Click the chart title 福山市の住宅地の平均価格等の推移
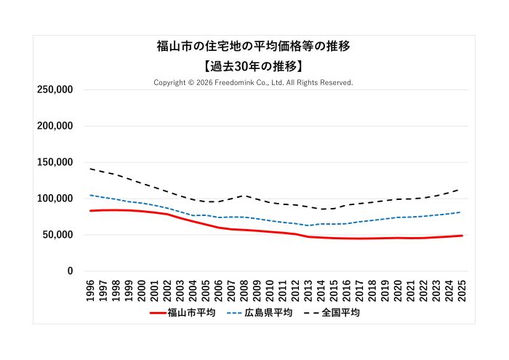254,47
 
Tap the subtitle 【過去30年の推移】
254,66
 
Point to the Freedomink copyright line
253,83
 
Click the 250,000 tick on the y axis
55,89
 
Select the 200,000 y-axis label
55,126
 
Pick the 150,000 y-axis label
55,162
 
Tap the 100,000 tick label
55,199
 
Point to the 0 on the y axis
70,271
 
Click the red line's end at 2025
462,236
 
